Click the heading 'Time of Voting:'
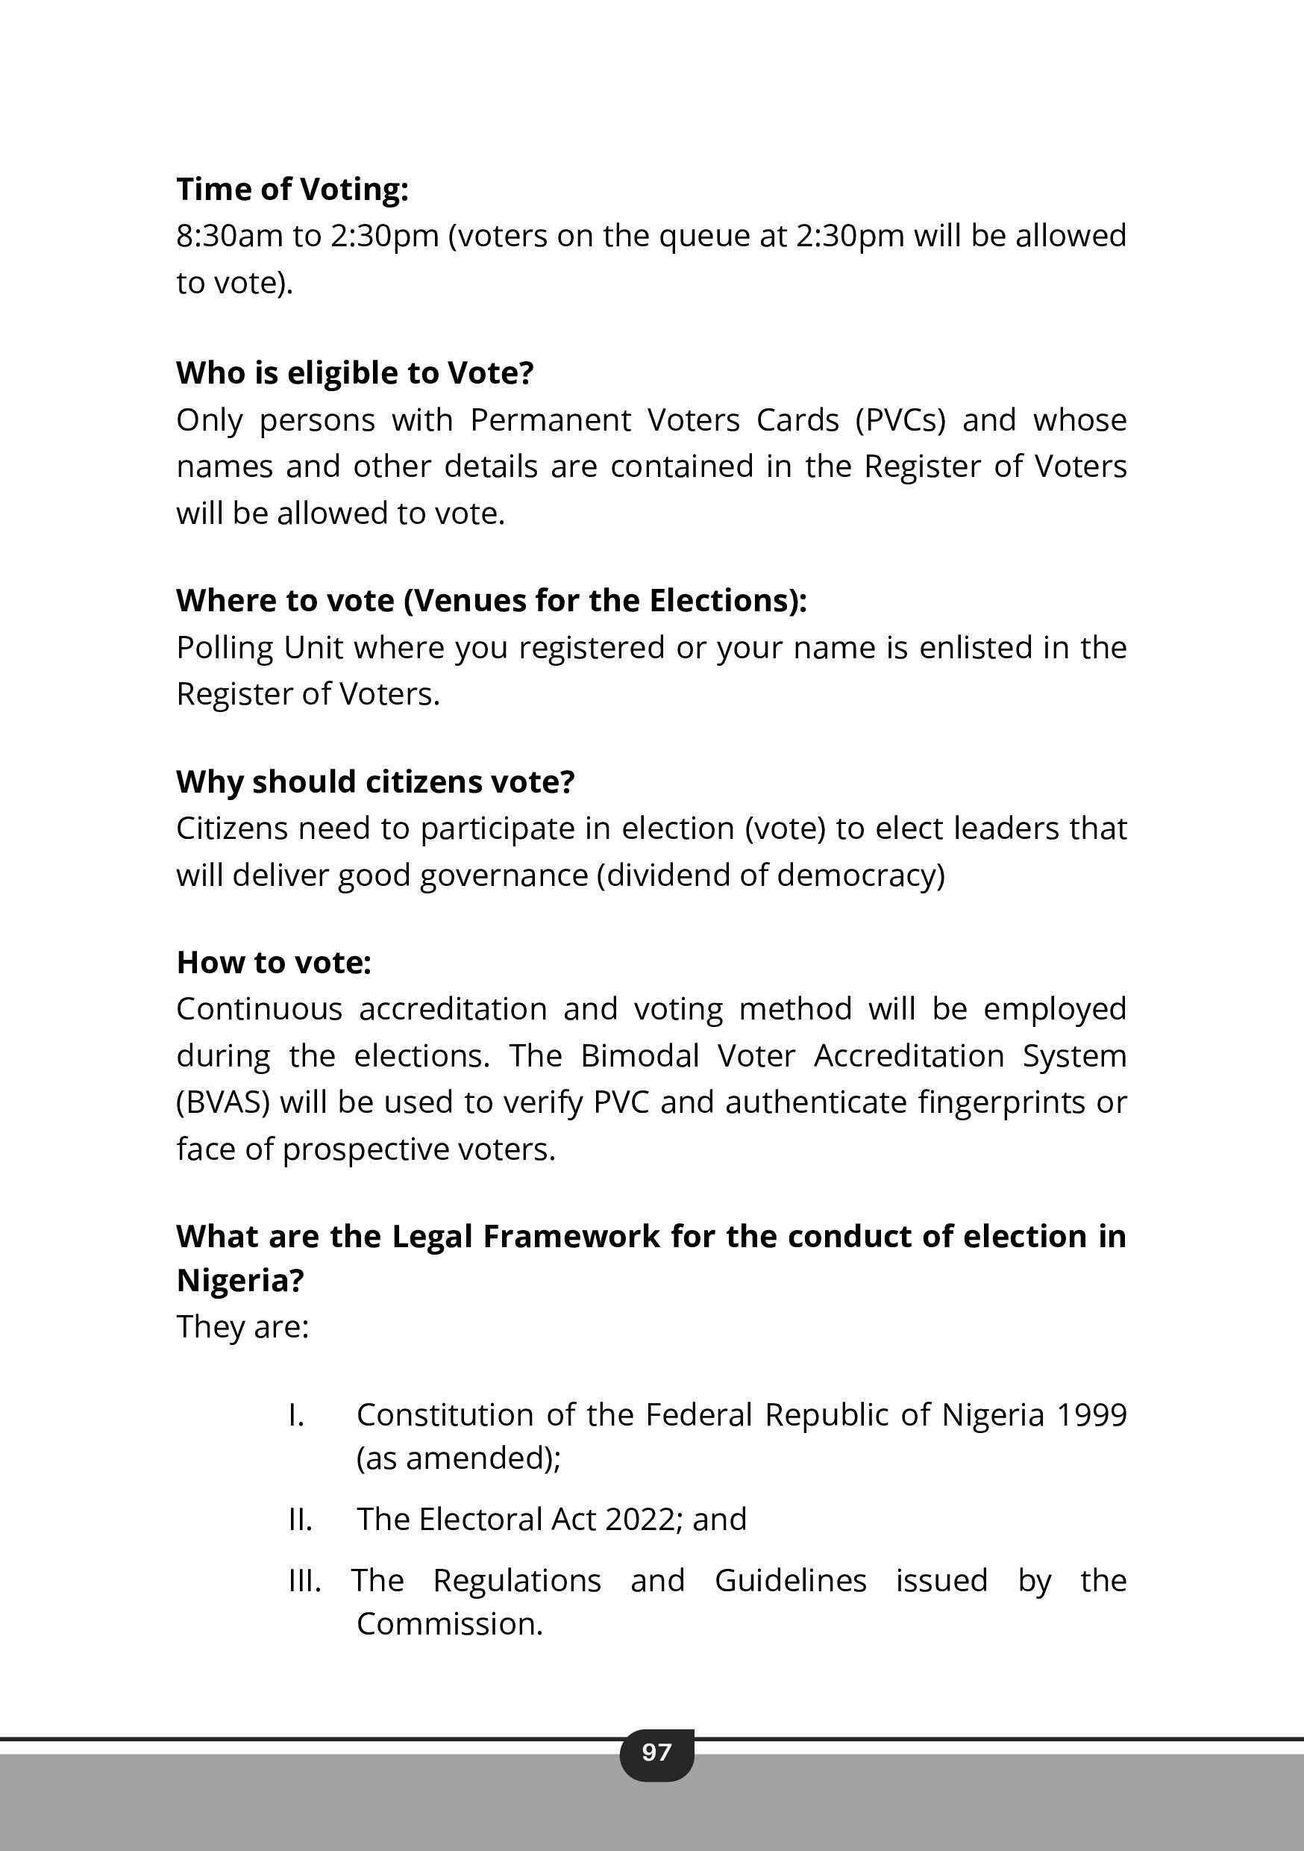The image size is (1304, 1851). [x=292, y=190]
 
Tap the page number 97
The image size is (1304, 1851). [x=656, y=1752]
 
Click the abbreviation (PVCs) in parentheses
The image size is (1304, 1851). [x=900, y=420]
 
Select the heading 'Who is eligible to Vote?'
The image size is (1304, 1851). [x=354, y=373]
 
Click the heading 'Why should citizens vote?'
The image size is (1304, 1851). [x=374, y=782]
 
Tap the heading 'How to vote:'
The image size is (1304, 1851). [x=273, y=963]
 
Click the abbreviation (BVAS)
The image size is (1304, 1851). [x=222, y=1102]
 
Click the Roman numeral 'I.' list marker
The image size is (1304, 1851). [x=295, y=1415]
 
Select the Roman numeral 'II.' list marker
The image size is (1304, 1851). [x=300, y=1520]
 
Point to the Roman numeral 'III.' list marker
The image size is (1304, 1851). [x=304, y=1581]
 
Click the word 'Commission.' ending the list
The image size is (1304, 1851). [x=450, y=1623]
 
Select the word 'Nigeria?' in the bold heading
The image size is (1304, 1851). [x=239, y=1280]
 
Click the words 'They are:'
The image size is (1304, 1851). [x=242, y=1327]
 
